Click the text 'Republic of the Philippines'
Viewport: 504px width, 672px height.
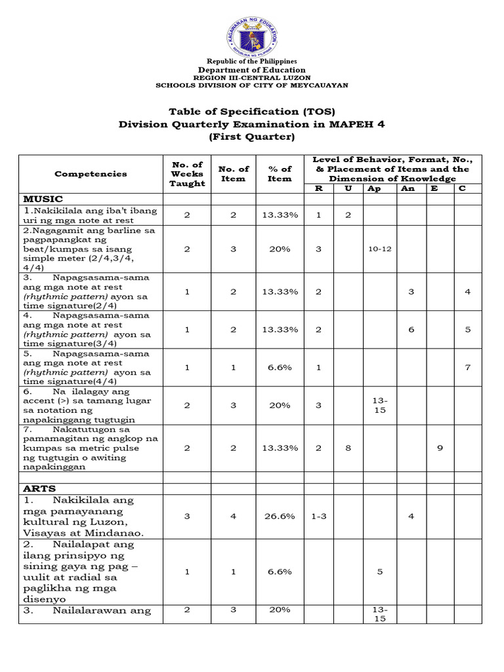point(252,61)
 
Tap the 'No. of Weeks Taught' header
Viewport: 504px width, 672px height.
point(187,174)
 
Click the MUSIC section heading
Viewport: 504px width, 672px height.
point(43,198)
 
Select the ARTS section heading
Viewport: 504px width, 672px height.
point(40,488)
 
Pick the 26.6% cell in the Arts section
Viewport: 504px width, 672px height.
point(279,516)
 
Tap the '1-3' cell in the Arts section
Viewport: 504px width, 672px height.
point(318,516)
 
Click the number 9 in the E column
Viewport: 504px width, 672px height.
point(440,448)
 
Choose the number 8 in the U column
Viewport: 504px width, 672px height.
point(348,448)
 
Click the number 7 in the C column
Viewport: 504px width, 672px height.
point(468,367)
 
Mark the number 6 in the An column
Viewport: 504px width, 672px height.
point(411,329)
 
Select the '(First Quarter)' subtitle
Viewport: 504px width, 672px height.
point(252,136)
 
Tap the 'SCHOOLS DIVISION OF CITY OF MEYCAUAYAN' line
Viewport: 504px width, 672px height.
point(252,85)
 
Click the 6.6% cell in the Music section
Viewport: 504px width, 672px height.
point(279,367)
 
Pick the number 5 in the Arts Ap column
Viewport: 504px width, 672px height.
point(379,572)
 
